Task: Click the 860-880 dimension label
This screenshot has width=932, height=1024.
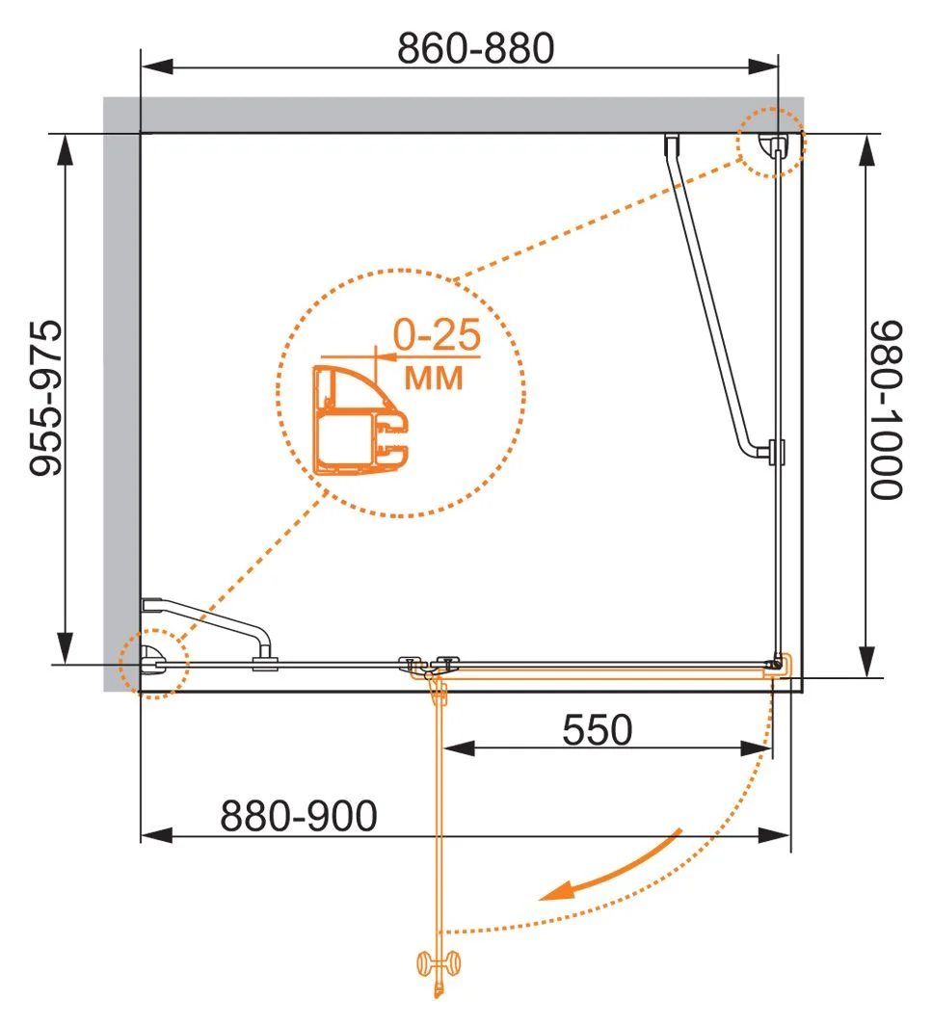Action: tap(476, 47)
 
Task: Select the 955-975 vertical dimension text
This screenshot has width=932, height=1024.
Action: tap(46, 398)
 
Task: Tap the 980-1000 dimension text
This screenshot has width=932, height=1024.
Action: tap(886, 410)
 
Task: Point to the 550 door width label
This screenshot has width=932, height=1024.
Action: tap(598, 729)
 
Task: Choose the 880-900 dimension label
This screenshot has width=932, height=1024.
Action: tap(299, 815)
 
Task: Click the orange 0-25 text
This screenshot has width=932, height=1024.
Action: tap(437, 334)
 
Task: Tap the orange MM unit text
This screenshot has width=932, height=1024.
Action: tap(434, 379)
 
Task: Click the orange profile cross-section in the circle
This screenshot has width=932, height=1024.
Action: tap(360, 419)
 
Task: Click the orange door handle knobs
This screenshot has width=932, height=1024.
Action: tap(439, 963)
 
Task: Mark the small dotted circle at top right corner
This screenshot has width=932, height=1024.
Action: tap(771, 143)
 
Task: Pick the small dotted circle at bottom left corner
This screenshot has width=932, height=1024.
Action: tap(154, 664)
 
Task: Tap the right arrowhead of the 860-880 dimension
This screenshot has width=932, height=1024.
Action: tap(762, 66)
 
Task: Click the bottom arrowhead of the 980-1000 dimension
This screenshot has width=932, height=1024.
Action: tap(866, 662)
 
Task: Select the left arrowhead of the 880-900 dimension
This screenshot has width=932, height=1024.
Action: tap(157, 834)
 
